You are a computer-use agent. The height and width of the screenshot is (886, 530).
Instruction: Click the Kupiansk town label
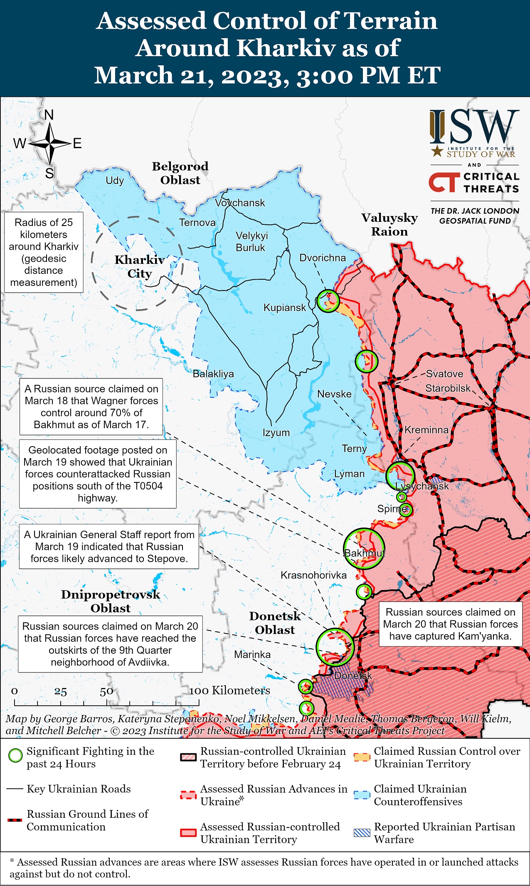(x=284, y=308)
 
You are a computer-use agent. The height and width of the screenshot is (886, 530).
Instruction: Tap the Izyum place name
(x=276, y=433)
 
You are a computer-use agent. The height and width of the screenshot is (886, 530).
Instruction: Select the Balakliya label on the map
(x=213, y=374)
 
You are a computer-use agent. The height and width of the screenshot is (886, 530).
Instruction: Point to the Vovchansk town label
(x=240, y=203)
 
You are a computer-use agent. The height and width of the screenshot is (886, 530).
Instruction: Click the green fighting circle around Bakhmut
(x=364, y=549)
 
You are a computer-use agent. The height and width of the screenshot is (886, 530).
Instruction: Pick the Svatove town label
(x=444, y=374)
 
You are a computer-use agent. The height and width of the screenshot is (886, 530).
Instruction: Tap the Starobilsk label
(x=448, y=388)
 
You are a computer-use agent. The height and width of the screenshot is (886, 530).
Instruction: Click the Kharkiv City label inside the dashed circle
(x=139, y=267)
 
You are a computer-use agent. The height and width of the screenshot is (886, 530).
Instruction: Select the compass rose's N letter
(x=49, y=115)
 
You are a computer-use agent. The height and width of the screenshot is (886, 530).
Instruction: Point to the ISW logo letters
(x=474, y=127)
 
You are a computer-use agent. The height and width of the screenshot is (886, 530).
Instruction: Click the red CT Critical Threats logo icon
(x=443, y=183)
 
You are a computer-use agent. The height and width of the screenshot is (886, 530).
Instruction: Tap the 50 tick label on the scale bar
(x=106, y=691)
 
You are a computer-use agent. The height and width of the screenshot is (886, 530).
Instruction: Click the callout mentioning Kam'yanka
(x=450, y=624)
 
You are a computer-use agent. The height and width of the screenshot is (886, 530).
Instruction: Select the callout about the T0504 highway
(x=98, y=474)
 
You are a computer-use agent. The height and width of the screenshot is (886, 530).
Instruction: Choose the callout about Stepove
(x=109, y=546)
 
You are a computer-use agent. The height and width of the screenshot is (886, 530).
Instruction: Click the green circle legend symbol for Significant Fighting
(x=15, y=755)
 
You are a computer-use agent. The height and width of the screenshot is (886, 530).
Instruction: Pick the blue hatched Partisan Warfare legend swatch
(x=361, y=832)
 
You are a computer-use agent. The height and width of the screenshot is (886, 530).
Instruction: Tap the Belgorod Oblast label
(x=180, y=173)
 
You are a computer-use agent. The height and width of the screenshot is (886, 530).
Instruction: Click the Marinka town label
(x=252, y=655)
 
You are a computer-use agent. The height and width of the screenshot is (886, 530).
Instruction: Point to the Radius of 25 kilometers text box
(x=44, y=252)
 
